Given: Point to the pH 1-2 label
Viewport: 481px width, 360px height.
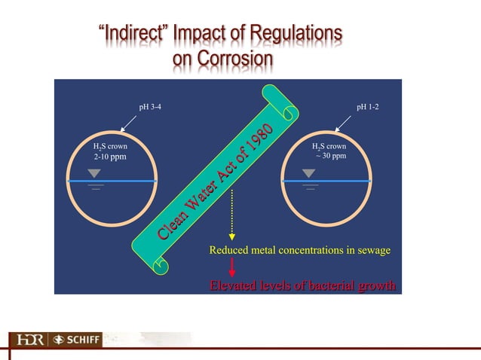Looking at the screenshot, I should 369,107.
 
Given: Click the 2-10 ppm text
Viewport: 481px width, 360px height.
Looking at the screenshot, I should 109,157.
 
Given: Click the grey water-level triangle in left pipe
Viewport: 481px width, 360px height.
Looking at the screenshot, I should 95,173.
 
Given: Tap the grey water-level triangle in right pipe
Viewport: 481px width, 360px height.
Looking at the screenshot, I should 308,173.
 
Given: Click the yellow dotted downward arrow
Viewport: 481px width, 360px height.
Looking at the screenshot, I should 231,215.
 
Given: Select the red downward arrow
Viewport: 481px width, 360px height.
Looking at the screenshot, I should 232,266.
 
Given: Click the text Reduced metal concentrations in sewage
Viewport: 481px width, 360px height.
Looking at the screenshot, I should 299,250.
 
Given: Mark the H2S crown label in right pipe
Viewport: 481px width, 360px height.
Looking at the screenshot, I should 329,146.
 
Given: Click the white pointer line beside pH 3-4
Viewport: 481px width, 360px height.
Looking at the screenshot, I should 127,123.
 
